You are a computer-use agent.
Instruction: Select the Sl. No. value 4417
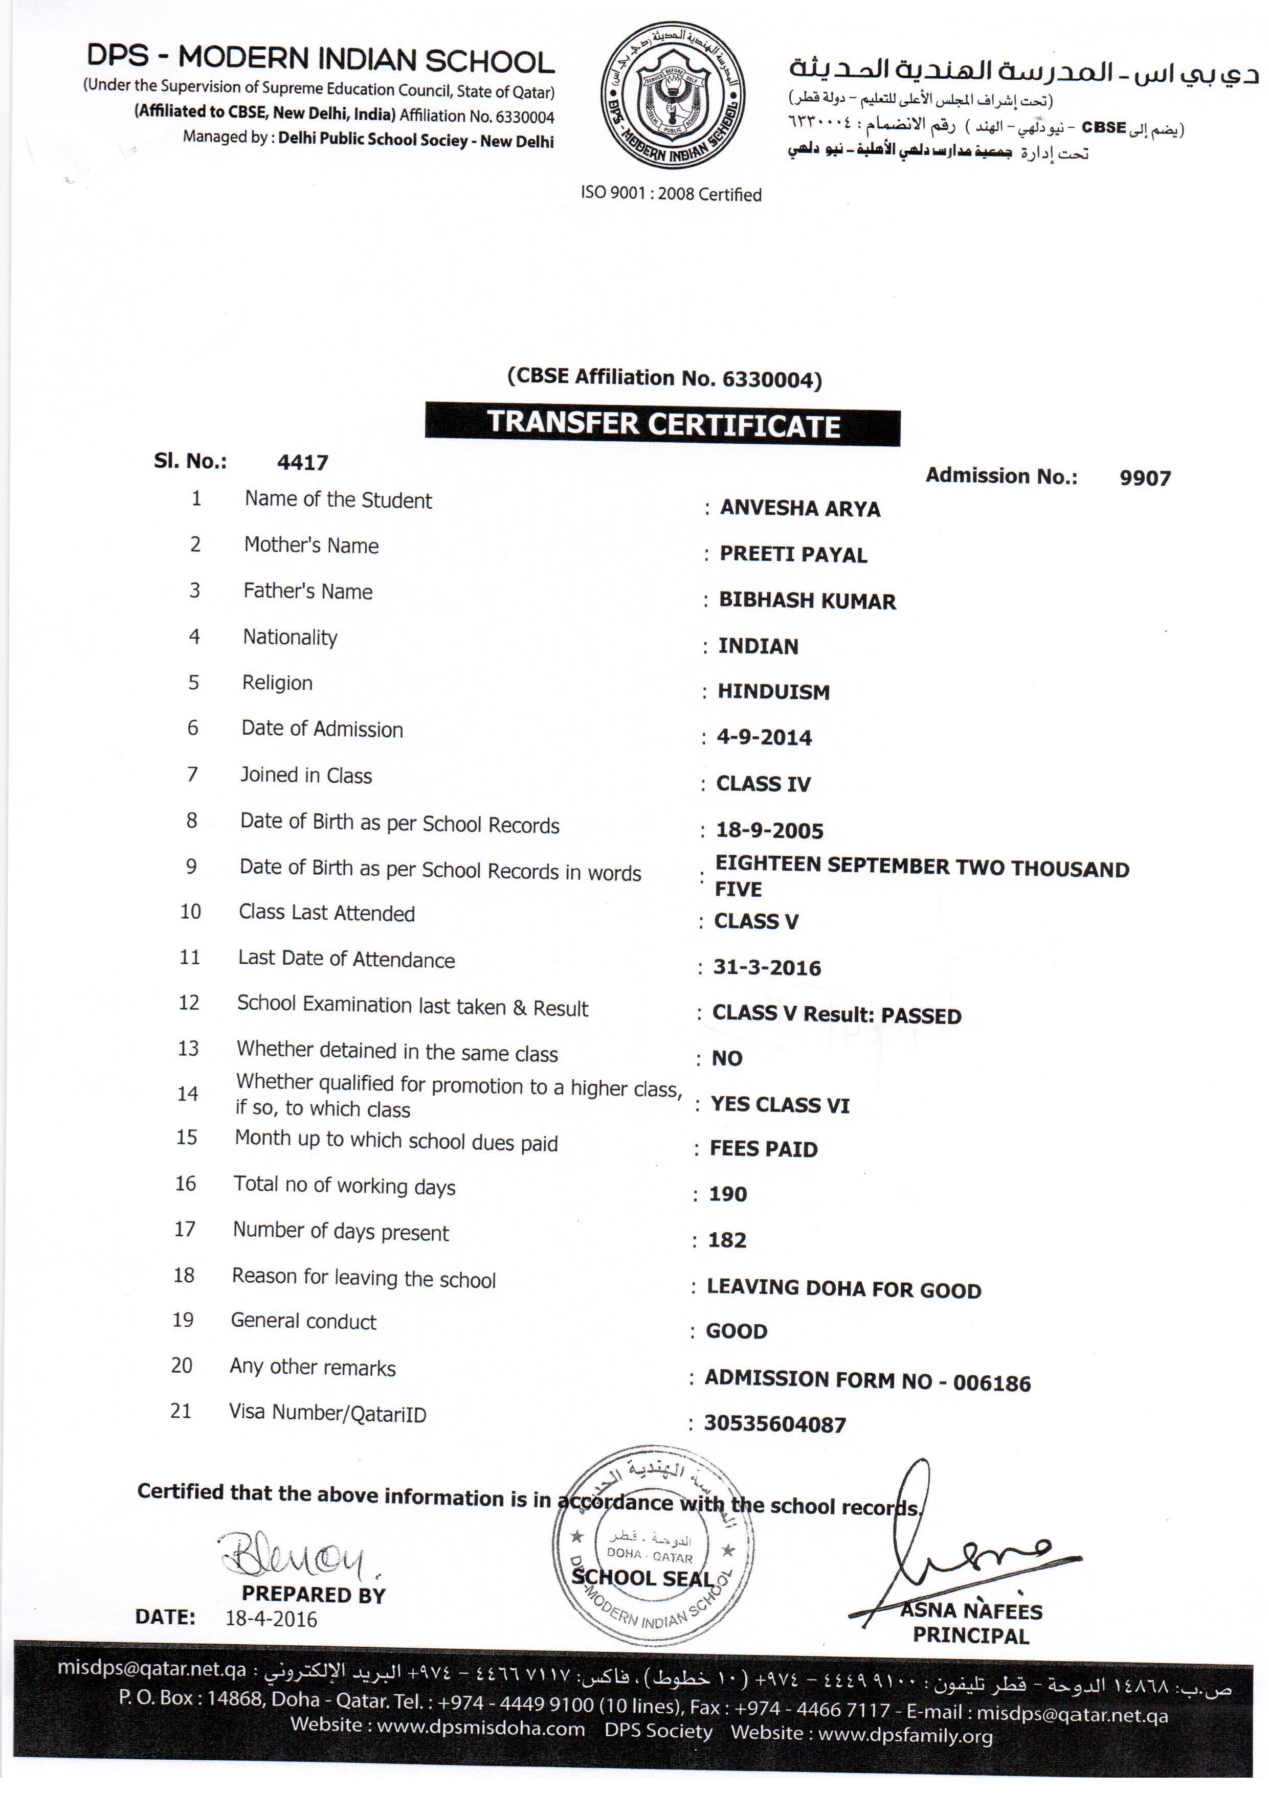click(302, 463)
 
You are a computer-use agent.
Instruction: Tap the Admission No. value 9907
click(1144, 479)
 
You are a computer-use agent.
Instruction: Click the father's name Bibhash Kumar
click(807, 601)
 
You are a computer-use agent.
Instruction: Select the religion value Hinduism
click(773, 692)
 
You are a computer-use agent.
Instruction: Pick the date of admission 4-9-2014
click(764, 738)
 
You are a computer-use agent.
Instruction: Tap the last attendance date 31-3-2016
click(767, 968)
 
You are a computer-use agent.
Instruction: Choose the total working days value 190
click(727, 1195)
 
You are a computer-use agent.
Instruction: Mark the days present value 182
click(727, 1241)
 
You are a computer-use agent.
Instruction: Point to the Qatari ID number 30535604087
click(774, 1425)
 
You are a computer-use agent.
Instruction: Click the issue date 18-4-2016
click(271, 1620)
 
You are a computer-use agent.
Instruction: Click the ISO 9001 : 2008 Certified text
click(671, 194)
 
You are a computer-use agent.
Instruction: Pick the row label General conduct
click(303, 1321)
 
